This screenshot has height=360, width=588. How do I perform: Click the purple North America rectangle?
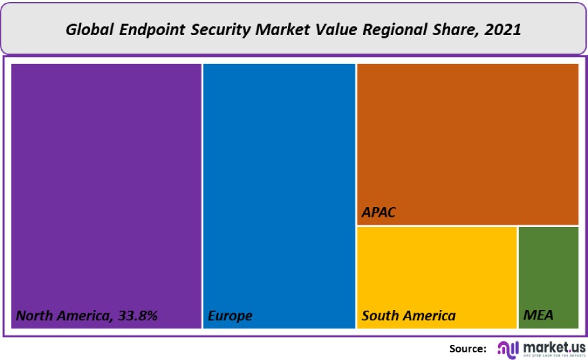[106, 185]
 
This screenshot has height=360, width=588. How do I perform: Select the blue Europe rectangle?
[279, 185]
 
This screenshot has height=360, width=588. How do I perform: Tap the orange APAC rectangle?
[467, 137]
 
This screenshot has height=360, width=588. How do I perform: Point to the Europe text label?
[230, 316]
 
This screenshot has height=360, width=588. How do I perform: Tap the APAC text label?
[379, 213]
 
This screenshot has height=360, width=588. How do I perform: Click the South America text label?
[408, 316]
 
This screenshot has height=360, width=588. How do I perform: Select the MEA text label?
[538, 316]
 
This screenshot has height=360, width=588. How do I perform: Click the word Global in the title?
[89, 30]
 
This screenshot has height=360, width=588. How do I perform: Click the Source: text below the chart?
[468, 348]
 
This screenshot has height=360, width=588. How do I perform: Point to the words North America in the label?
[60, 316]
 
